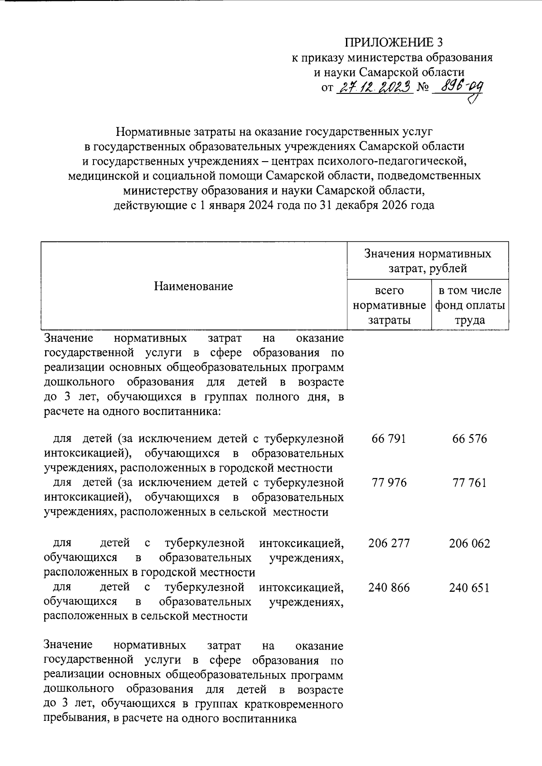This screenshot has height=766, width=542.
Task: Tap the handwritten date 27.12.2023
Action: tap(374, 86)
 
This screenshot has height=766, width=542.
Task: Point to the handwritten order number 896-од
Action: tap(456, 86)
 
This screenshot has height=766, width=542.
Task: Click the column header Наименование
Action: tap(193, 286)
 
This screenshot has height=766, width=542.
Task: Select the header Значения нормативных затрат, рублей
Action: tap(427, 261)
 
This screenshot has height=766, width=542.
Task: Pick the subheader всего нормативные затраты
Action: tap(389, 305)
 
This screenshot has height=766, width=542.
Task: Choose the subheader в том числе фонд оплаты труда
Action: tap(470, 305)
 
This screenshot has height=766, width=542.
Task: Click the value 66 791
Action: tap(389, 439)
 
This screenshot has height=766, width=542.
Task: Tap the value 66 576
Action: tap(469, 439)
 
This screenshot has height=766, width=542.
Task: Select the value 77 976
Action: tap(389, 483)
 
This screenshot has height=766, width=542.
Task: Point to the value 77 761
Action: tap(469, 483)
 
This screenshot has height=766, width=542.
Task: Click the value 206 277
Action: tap(389, 543)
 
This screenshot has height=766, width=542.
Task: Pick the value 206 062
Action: tap(469, 543)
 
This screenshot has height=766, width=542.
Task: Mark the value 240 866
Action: tap(389, 587)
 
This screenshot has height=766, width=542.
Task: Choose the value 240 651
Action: tap(469, 587)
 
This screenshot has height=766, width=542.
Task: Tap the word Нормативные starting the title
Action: tap(154, 132)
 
